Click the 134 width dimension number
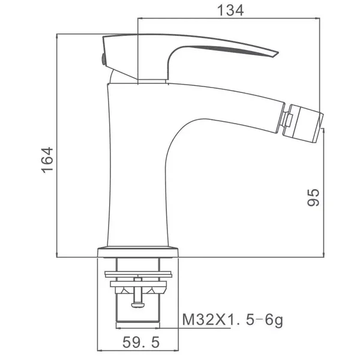[x=230, y=11]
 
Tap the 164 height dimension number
[x=47, y=160]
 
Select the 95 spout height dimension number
[x=313, y=197]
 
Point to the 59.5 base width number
[x=141, y=343]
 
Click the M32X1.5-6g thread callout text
[x=233, y=320]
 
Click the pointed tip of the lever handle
[x=278, y=53]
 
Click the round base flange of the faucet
[x=138, y=253]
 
